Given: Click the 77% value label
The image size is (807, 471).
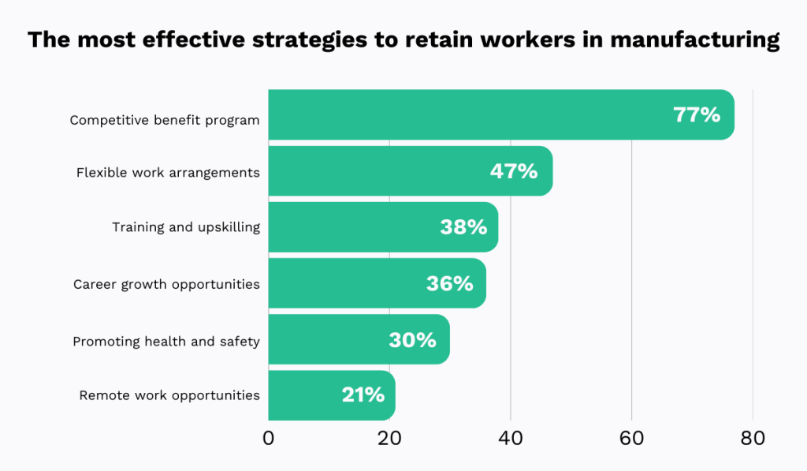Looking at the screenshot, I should click(697, 115).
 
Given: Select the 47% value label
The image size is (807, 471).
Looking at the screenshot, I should click(514, 171).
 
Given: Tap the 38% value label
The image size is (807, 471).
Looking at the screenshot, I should click(463, 227).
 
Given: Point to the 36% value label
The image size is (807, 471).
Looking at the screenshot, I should click(450, 283).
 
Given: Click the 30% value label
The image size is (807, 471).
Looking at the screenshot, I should click(412, 340).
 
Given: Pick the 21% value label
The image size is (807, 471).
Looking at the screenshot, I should click(363, 395).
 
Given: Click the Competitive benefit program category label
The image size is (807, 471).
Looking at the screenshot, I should click(165, 121).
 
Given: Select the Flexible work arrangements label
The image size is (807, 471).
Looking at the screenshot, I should click(168, 172).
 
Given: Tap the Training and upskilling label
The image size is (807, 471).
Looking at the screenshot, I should click(186, 227).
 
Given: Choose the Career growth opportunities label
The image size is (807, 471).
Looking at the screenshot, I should click(166, 284).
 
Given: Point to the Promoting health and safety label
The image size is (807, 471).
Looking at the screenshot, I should click(166, 342).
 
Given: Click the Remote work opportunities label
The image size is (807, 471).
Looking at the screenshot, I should click(169, 395).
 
